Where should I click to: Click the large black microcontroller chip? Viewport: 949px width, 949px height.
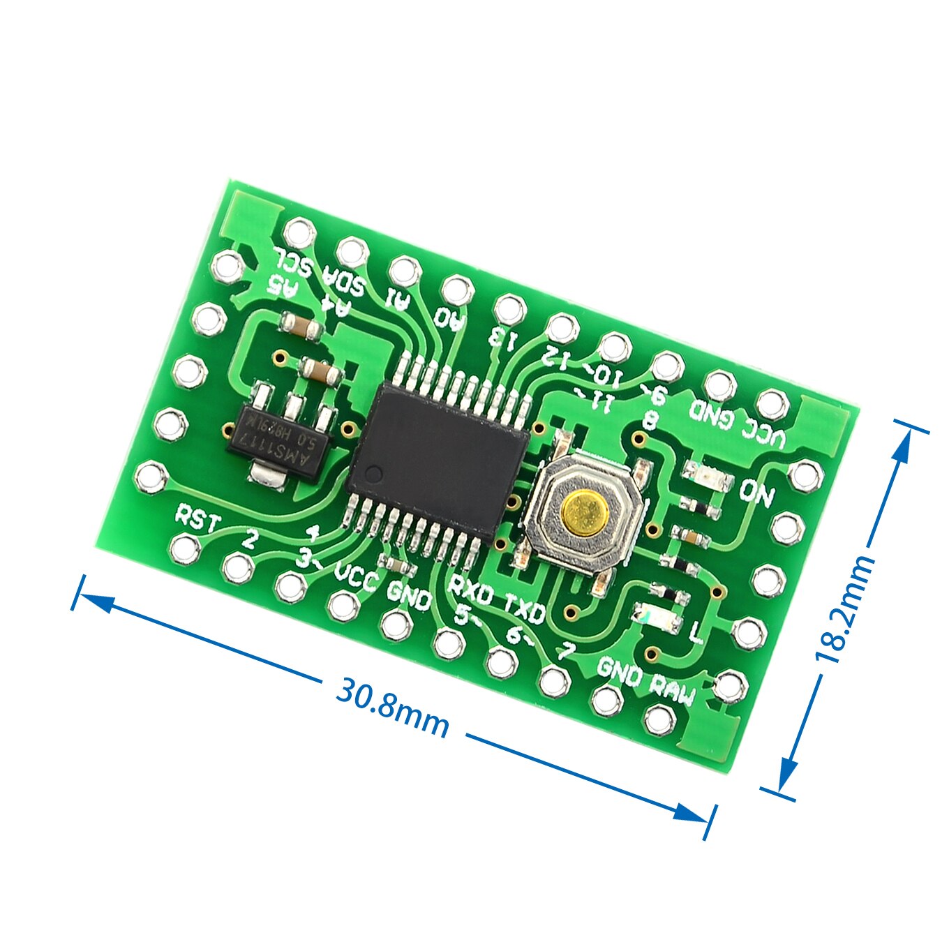438,456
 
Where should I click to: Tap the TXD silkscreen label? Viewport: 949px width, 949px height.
525,608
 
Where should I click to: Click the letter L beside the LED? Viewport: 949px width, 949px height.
696,634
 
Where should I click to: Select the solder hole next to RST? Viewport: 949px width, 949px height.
185,548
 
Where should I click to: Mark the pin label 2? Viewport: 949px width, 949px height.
250,538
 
